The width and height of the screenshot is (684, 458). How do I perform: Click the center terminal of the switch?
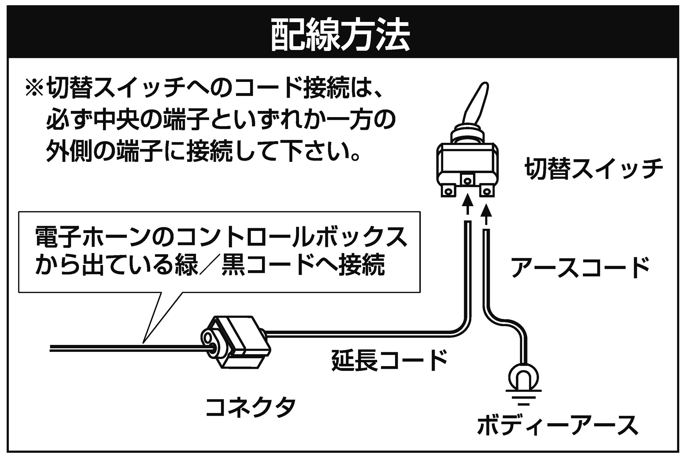467,180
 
